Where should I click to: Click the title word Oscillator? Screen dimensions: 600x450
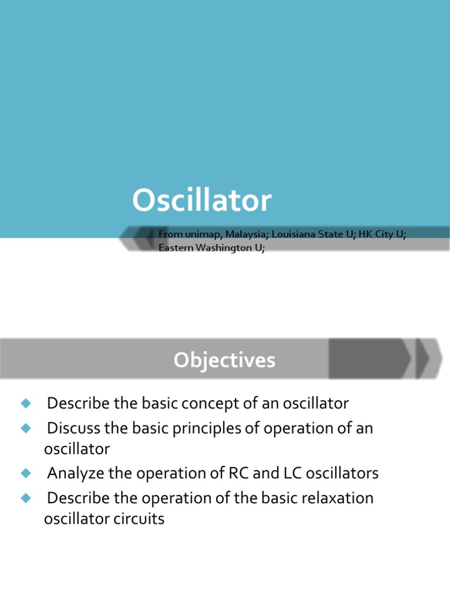pyautogui.click(x=202, y=201)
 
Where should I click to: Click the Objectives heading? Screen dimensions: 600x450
pyautogui.click(x=224, y=360)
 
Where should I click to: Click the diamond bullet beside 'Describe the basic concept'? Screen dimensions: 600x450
pyautogui.click(x=25, y=404)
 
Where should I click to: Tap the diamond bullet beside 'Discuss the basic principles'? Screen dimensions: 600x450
pyautogui.click(x=25, y=428)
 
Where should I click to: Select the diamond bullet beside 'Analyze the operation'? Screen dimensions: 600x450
pyautogui.click(x=25, y=473)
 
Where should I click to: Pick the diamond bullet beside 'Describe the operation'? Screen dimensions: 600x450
pyautogui.click(x=25, y=498)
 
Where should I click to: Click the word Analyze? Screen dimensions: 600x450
pyautogui.click(x=73, y=473)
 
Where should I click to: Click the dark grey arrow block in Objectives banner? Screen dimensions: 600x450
pyautogui.click(x=369, y=359)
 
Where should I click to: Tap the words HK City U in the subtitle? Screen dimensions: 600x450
pyautogui.click(x=382, y=234)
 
